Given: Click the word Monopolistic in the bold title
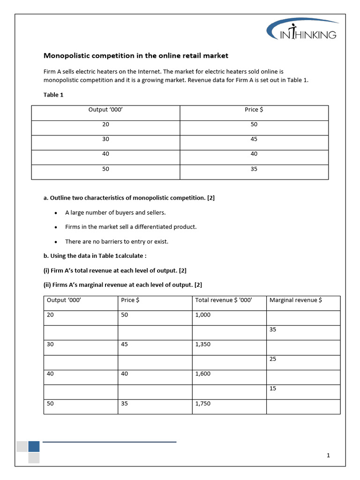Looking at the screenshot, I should point(66,56).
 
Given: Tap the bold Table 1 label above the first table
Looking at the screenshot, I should point(53,95).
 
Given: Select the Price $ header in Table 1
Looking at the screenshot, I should point(254,110).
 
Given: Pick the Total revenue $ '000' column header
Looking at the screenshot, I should point(224,300).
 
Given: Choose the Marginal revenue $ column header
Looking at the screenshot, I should point(295,300).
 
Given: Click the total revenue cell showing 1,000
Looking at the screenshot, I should point(203,315).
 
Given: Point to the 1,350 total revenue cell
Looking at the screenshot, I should point(203,345).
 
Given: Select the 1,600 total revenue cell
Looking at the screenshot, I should point(203,374).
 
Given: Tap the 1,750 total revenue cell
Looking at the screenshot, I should point(203,404).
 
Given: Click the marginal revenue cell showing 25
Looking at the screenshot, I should point(273,360).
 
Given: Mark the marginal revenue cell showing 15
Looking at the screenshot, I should point(273,389).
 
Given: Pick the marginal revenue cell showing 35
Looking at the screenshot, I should point(273,330).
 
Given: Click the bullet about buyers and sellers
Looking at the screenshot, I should point(115,212).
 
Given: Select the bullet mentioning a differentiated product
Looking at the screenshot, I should point(131,227).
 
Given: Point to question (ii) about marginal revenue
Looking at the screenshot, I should point(123,285).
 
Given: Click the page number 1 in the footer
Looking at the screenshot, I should point(329,455).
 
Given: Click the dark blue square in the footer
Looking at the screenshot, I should point(34,446).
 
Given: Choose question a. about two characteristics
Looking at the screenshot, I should point(129,198).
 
